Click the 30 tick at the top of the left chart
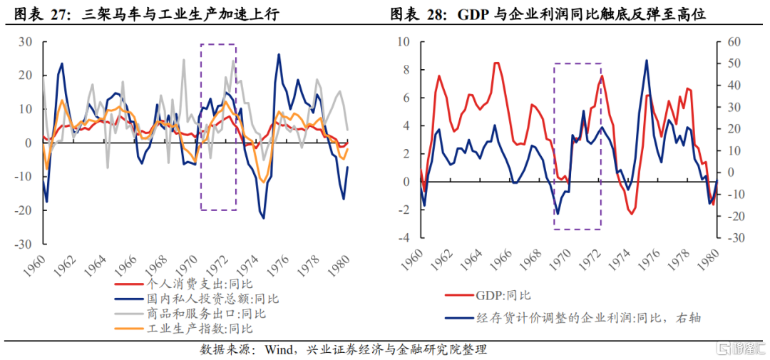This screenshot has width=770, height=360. [26, 42]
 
